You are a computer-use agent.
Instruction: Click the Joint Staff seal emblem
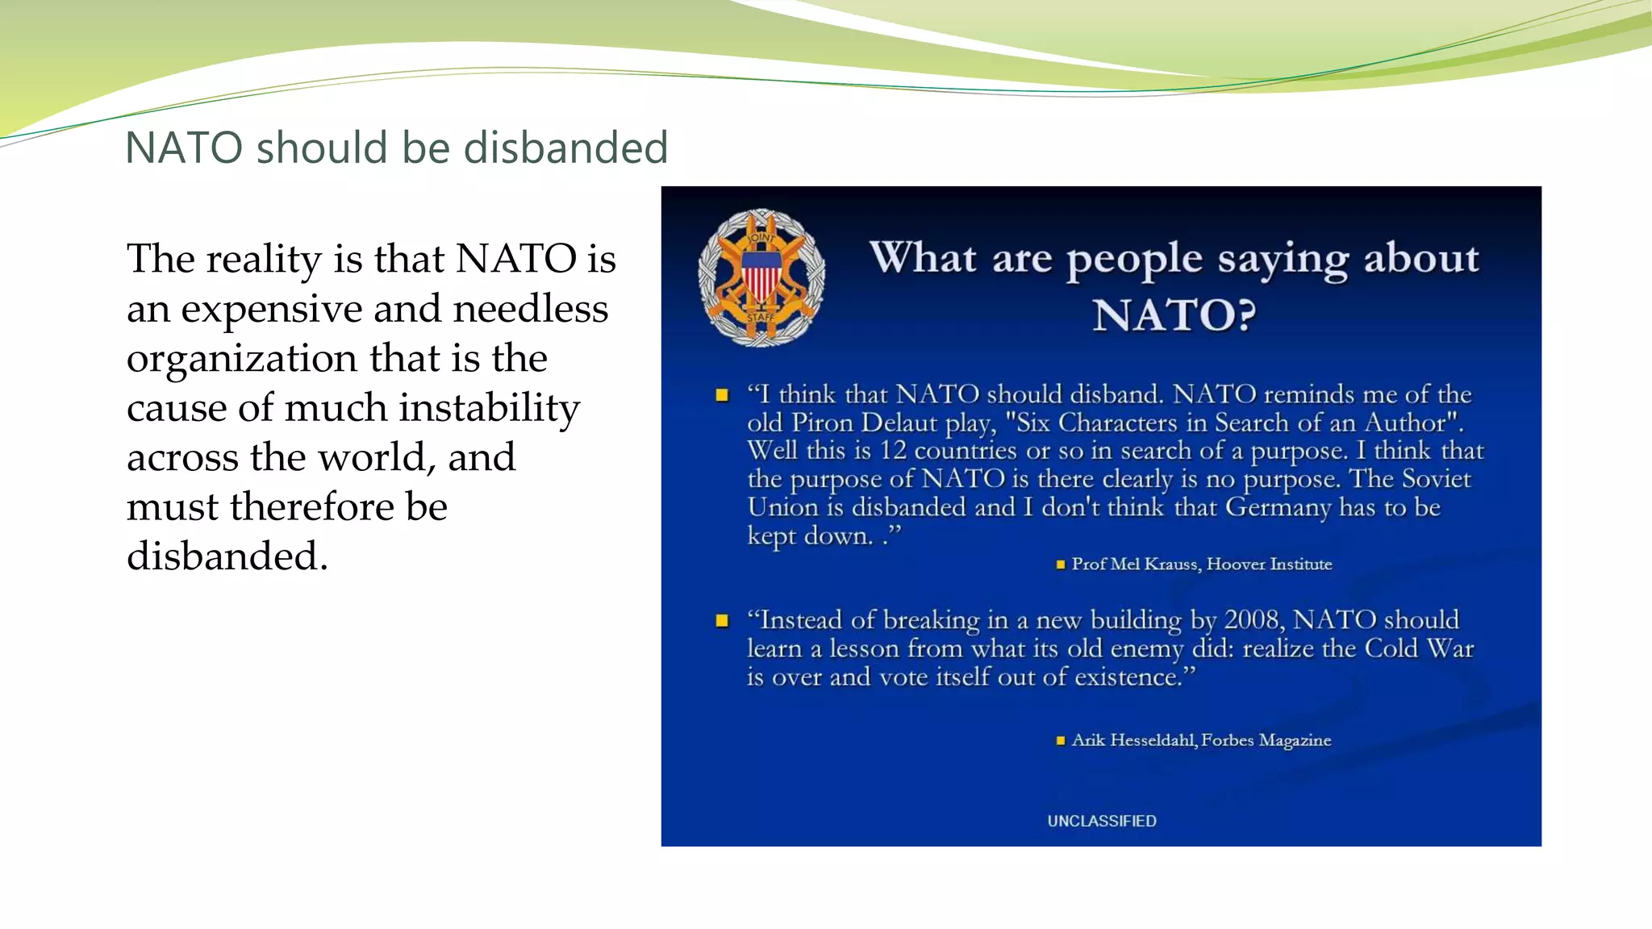pos(761,277)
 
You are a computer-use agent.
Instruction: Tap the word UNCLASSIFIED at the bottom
pos(1101,821)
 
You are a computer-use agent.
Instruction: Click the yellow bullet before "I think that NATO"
pos(722,395)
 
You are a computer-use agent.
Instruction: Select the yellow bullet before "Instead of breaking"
pos(722,620)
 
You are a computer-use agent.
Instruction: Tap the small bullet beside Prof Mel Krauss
pos(1060,564)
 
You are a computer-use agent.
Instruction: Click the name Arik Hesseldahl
pos(1134,740)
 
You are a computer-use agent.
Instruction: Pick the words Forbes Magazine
pos(1266,740)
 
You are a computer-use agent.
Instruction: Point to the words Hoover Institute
pos(1269,564)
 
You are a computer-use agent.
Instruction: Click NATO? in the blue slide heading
pos(1174,315)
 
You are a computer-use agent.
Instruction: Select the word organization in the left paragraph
pos(242,359)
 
